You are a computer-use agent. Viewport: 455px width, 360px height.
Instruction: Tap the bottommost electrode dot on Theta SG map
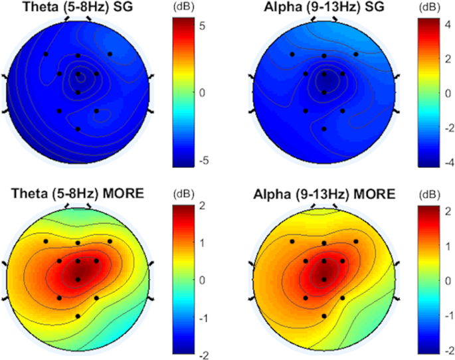pos(78,129)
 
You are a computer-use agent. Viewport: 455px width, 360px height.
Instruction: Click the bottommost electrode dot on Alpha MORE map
pos(324,316)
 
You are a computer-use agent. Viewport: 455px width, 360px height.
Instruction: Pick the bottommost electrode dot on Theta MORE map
pos(78,316)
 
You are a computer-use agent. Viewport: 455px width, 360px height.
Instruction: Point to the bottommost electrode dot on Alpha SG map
pos(324,129)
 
